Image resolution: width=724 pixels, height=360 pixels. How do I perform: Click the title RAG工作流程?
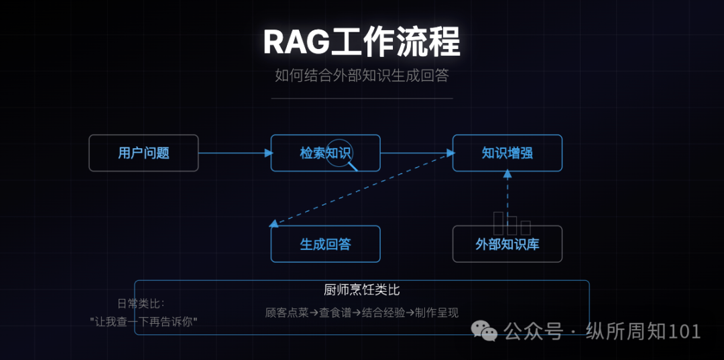coord(361,42)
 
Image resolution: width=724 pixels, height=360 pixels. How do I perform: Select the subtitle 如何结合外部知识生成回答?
coord(361,75)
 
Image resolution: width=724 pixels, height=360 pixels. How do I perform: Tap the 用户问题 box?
coord(143,153)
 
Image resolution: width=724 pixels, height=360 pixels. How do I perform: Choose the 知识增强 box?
coord(507,153)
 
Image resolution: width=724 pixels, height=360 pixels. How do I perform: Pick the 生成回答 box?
coord(325,244)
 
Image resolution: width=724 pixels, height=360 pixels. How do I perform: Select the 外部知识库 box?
coord(507,244)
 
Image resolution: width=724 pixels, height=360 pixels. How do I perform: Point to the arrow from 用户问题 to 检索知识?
coord(235,153)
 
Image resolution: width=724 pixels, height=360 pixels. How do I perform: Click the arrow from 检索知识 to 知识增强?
coord(416,153)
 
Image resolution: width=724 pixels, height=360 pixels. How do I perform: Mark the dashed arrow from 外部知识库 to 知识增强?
coord(507,198)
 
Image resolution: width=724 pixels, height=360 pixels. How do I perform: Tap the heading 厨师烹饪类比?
coord(361,290)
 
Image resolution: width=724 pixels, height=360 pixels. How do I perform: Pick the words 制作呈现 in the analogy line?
coord(436,312)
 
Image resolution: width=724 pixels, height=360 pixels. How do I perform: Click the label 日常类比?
coord(141,303)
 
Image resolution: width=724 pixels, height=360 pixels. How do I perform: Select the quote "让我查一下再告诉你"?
coord(143,321)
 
